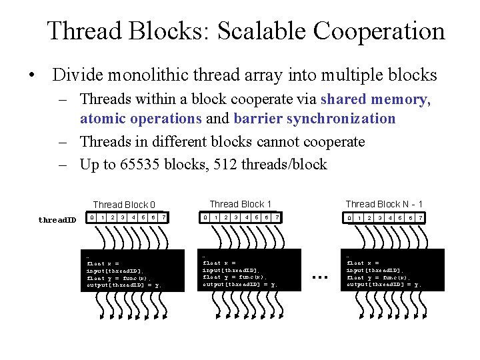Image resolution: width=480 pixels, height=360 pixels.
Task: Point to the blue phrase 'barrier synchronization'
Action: coord(315,119)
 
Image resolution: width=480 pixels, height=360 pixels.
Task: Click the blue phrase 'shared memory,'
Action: coord(376,99)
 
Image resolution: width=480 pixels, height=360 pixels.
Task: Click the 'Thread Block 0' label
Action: coord(125,205)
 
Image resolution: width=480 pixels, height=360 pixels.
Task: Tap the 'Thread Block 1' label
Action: coord(241,204)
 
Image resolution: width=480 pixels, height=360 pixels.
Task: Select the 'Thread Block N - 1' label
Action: coord(384,204)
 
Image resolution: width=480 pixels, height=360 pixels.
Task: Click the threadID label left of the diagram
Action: coord(57,220)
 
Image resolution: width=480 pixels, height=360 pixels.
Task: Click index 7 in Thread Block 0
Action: coord(164,217)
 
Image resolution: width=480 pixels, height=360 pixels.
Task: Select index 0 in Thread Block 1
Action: coord(207,217)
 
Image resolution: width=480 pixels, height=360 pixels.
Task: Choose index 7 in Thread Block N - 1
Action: coord(420,218)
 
